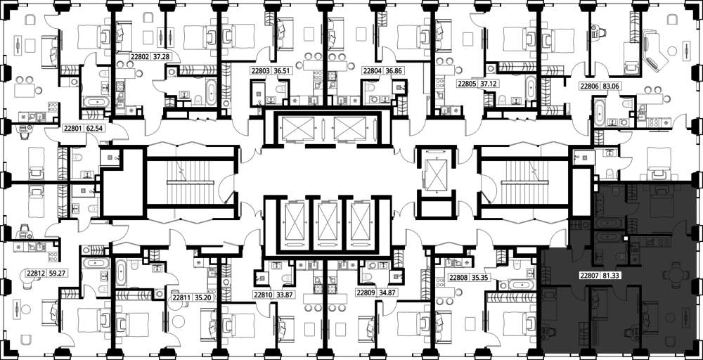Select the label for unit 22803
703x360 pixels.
[260, 71]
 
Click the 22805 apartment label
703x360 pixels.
[466, 84]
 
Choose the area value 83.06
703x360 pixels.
[610, 87]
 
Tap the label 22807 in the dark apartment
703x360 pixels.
[588, 276]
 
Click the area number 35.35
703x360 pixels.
[478, 278]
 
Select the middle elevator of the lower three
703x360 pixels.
[328, 221]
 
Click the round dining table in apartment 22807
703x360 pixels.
[673, 273]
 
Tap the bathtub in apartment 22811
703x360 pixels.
[121, 273]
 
